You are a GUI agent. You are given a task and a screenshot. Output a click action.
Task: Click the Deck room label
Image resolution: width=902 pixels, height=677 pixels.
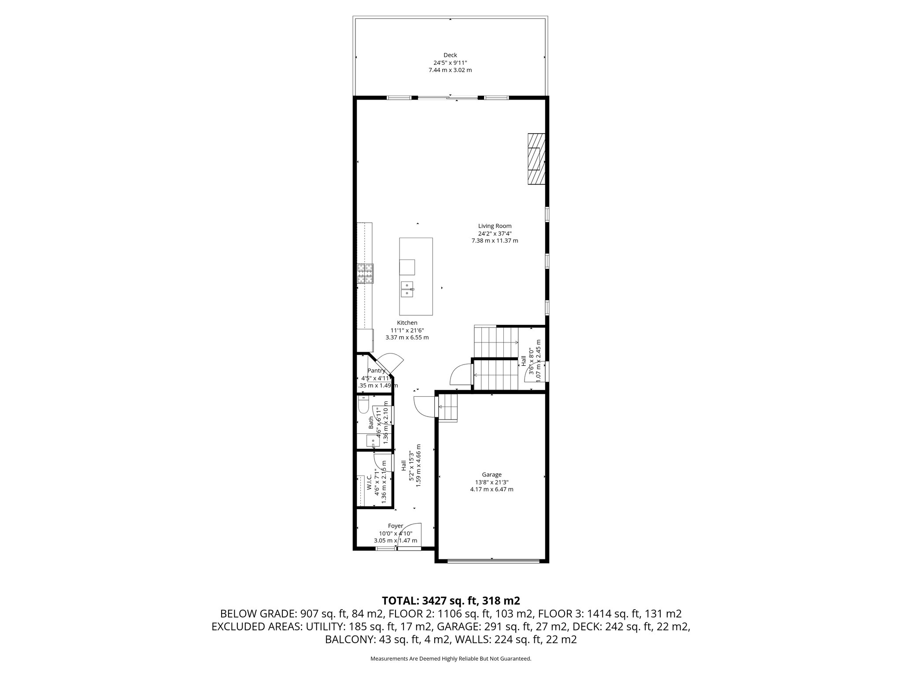click(x=450, y=55)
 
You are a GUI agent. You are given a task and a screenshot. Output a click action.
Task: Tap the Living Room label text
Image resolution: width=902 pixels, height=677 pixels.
click(x=495, y=226)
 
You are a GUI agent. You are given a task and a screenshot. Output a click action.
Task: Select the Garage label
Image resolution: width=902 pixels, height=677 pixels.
click(x=492, y=475)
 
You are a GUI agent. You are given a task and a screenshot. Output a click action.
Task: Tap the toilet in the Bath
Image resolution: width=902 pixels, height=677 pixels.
click(x=363, y=405)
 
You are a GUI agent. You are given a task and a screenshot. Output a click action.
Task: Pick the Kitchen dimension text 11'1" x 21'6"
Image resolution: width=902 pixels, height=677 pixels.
click(x=407, y=330)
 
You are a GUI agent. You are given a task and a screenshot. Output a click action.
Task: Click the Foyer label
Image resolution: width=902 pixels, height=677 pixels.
click(x=395, y=526)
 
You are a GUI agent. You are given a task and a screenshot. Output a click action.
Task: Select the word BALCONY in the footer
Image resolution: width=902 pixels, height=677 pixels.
click(x=350, y=640)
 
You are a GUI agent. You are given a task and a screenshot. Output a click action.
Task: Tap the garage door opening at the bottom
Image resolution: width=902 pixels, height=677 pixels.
click(x=493, y=561)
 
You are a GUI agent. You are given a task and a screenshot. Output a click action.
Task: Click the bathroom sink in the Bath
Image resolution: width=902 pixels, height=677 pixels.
click(x=373, y=440)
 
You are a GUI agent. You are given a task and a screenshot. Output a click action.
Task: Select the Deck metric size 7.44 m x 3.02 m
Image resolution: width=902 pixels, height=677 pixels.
click(x=450, y=70)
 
